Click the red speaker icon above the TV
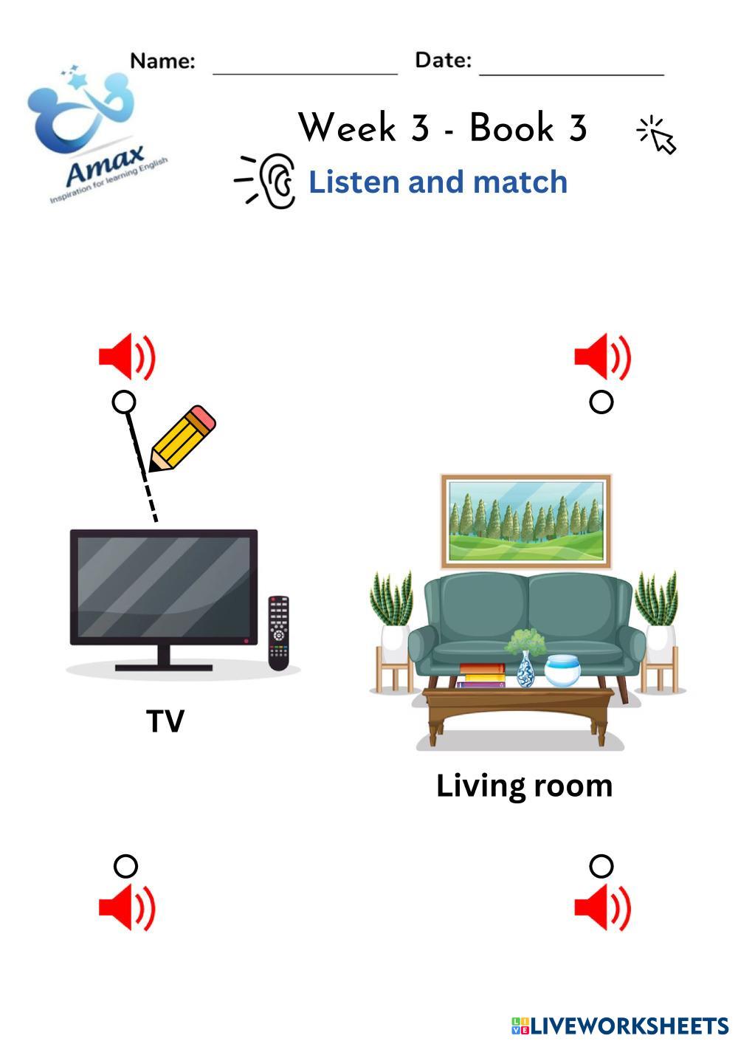(x=127, y=357)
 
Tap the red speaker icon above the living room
(x=602, y=357)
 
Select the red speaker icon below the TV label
(x=127, y=907)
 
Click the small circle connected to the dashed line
(x=124, y=402)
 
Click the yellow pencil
(x=182, y=438)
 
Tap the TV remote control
(x=279, y=633)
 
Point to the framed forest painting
(x=526, y=521)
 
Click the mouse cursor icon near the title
(x=657, y=135)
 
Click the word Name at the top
(x=162, y=61)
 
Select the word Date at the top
(x=443, y=60)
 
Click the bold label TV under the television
(x=165, y=721)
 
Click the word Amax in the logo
(x=106, y=165)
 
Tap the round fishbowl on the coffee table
(x=562, y=670)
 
